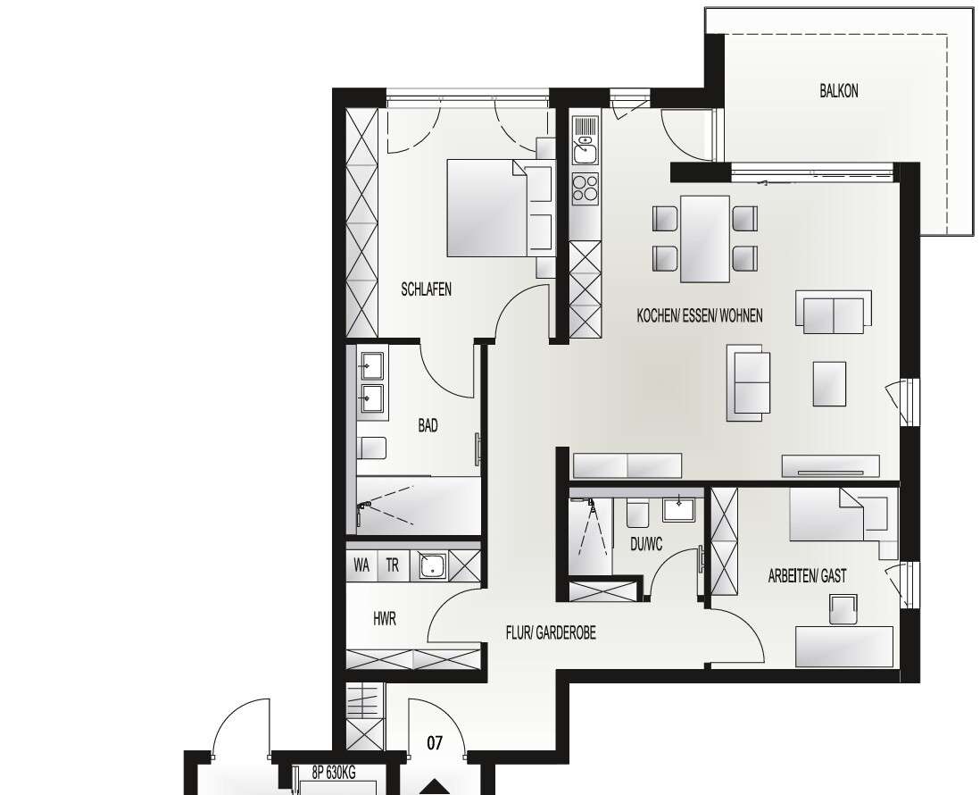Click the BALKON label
839,91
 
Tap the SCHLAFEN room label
426,289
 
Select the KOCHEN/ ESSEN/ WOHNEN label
700,316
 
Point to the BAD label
428,426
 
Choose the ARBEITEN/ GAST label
807,577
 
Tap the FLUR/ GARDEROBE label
551,633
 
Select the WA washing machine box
361,565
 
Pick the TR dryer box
393,565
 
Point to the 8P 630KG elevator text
334,774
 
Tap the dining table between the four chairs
705,238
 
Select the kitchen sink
584,150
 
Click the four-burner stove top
585,188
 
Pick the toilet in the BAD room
372,447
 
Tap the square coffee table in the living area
829,383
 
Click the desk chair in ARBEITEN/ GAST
843,610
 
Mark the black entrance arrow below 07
436,787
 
